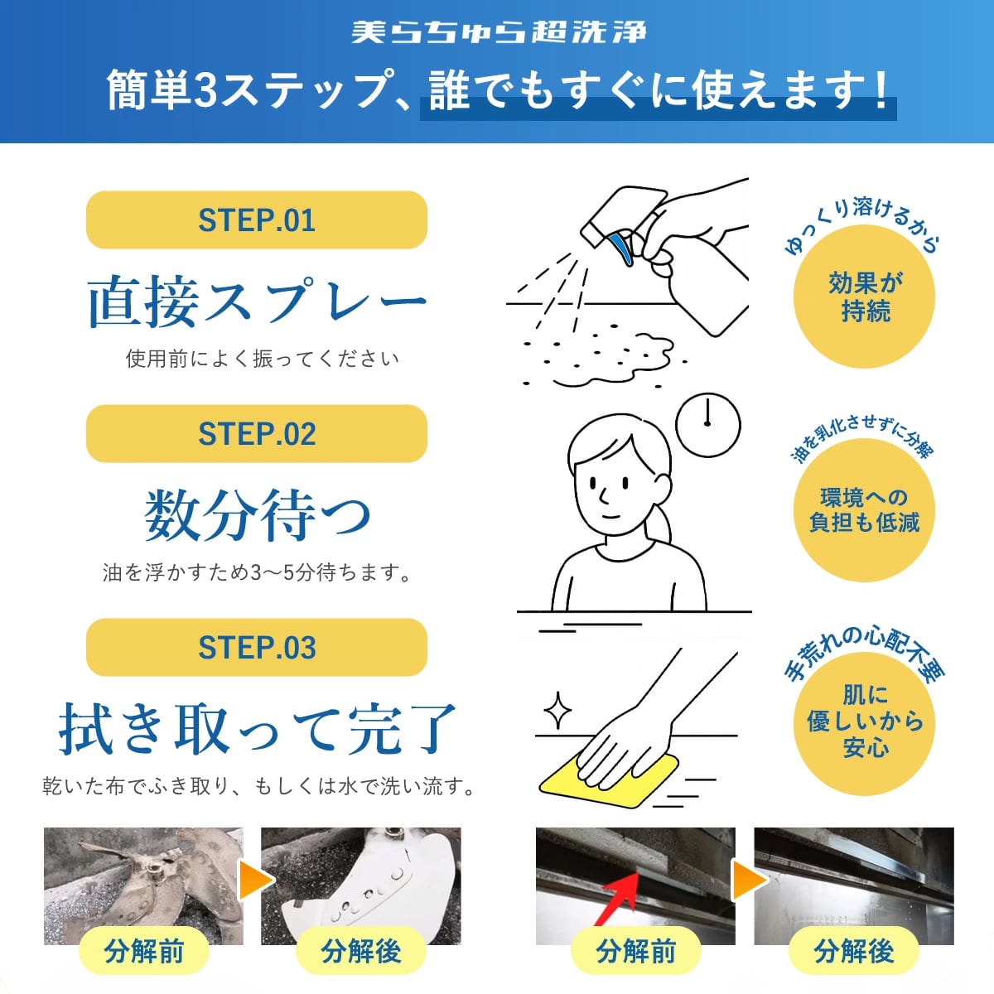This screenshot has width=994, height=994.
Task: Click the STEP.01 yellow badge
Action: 256,220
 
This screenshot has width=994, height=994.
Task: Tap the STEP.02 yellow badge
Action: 256,433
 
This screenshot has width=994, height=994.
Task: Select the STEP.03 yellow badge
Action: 256,647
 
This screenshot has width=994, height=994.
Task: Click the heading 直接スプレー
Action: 257,302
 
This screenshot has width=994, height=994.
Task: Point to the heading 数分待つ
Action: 257,515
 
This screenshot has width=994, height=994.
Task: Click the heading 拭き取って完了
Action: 257,729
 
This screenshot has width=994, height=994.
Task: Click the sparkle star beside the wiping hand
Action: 557,710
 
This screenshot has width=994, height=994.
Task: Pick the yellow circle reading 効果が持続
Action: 865,297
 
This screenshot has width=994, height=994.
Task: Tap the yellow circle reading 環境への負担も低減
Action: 865,510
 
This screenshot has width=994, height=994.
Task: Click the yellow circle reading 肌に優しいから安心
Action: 865,724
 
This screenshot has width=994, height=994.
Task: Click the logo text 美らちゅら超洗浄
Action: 499,32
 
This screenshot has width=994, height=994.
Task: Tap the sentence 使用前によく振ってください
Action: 262,359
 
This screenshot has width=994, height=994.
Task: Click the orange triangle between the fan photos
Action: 255,881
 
